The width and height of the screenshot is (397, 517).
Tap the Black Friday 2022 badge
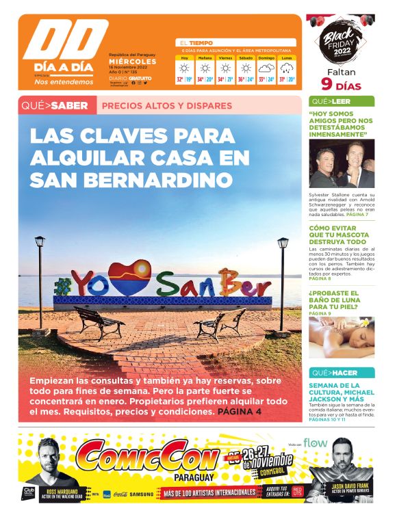(340, 44)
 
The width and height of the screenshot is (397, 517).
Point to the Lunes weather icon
(286, 68)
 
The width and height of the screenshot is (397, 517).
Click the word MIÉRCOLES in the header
(133, 61)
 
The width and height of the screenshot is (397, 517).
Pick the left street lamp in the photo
(40, 280)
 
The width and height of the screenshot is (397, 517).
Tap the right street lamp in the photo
(282, 280)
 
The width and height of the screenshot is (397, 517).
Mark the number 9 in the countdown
(326, 85)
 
